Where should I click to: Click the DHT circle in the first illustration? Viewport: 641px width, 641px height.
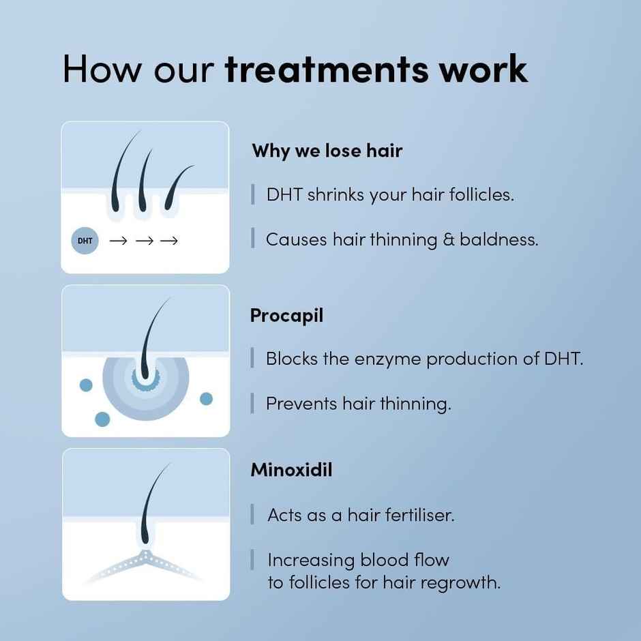point(85,241)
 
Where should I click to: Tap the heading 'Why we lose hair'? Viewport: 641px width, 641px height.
point(327,151)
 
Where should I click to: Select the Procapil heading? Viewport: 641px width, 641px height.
point(286,316)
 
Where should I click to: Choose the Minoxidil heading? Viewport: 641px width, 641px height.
point(291,470)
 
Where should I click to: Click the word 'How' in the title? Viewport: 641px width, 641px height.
point(98,70)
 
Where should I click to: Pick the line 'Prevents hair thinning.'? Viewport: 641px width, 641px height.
point(358,404)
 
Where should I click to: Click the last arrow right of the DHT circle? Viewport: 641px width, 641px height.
point(168,241)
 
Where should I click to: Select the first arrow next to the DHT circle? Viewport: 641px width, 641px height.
point(118,241)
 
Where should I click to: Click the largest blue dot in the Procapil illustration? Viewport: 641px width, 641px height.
point(102,419)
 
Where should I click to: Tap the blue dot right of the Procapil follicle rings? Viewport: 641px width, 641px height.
point(206,398)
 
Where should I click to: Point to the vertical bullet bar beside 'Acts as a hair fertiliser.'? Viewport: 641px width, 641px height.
point(253,515)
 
